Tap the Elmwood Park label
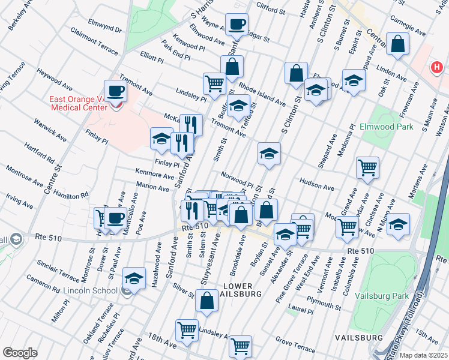click(x=386, y=127)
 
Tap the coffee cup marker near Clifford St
click(x=237, y=25)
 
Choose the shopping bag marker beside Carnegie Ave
click(x=397, y=44)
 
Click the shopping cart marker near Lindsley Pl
click(x=214, y=83)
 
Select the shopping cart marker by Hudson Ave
click(x=367, y=167)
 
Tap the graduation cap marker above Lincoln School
click(x=134, y=278)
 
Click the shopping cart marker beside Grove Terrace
click(x=240, y=346)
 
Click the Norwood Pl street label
click(x=238, y=179)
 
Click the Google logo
click(x=20, y=353)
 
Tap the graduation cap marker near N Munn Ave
click(x=398, y=225)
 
